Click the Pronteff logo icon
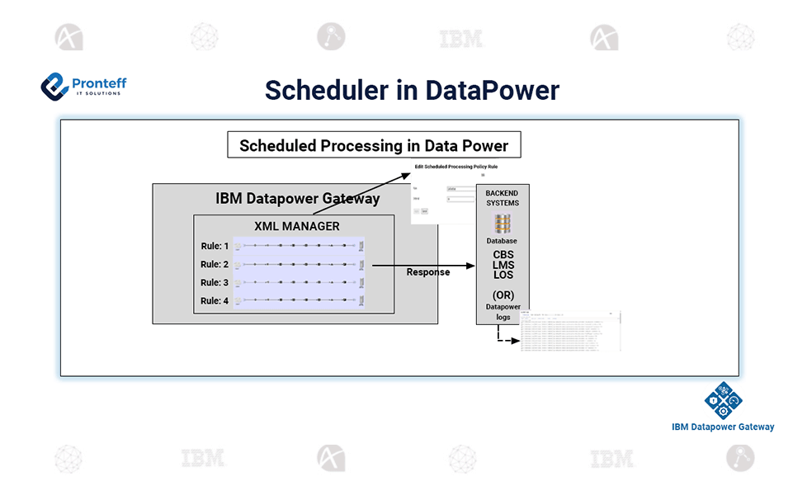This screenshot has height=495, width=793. [x=54, y=85]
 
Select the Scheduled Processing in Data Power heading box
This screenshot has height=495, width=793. [x=375, y=146]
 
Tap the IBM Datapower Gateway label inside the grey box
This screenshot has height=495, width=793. [x=297, y=198]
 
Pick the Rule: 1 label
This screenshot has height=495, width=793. [x=215, y=246]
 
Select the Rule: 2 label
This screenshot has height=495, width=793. [x=215, y=264]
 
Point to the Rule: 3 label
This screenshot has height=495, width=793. [x=215, y=283]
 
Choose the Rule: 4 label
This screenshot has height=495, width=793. [x=215, y=301]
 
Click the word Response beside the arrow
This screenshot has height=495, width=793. [x=428, y=272]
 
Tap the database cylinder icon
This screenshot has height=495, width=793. [x=502, y=224]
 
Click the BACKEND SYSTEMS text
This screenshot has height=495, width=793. [x=502, y=198]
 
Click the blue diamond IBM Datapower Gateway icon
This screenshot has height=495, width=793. [x=723, y=400]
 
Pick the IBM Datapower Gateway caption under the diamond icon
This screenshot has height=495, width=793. [x=723, y=427]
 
